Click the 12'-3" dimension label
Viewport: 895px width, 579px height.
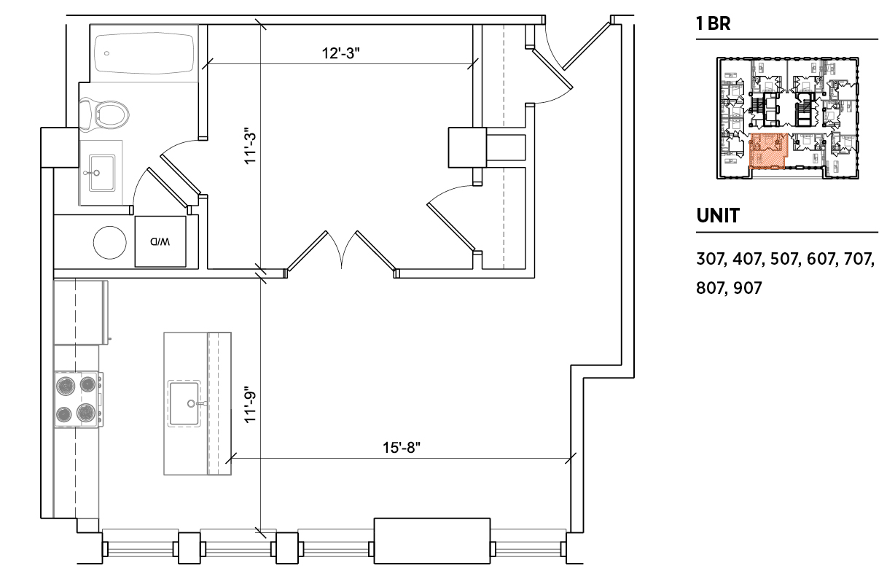tap(341, 53)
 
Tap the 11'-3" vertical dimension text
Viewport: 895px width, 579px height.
tap(250, 146)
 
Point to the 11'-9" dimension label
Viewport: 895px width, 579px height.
tap(250, 405)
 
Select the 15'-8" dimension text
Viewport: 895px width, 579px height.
tap(402, 448)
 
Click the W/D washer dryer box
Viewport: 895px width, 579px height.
tap(160, 241)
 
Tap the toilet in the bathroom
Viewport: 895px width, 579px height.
tap(104, 114)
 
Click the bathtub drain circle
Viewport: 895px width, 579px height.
tap(106, 53)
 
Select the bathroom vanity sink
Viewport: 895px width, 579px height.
tap(101, 173)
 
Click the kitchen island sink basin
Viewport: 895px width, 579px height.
tap(184, 403)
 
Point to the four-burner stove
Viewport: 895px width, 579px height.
tap(78, 400)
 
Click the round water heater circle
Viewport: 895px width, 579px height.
tap(110, 242)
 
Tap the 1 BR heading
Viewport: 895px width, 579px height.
tap(714, 23)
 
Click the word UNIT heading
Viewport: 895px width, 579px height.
tap(718, 216)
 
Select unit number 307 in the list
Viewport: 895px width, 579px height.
tap(710, 259)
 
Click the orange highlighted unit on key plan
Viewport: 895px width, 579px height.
tap(767, 151)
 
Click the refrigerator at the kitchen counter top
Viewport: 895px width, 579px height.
tap(81, 312)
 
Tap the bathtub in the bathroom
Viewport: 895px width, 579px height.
tap(144, 53)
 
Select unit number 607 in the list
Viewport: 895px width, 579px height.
tap(822, 259)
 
